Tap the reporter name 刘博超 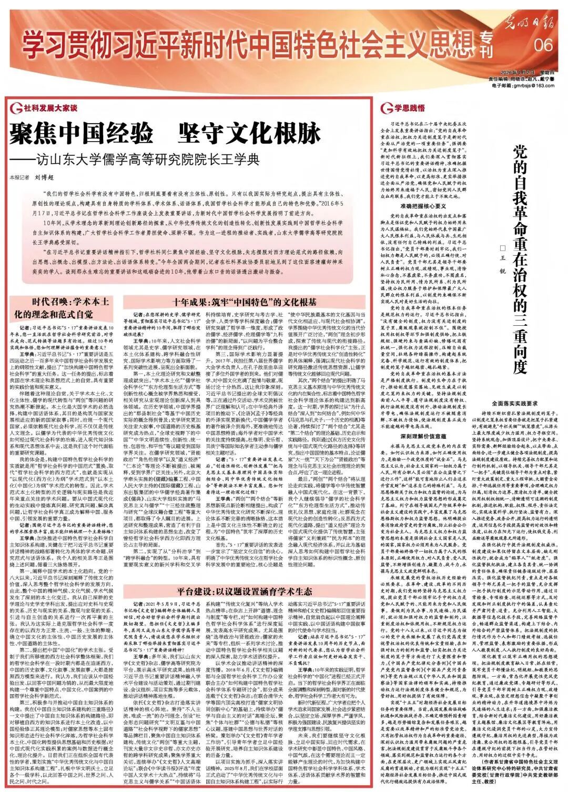point(46,177)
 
